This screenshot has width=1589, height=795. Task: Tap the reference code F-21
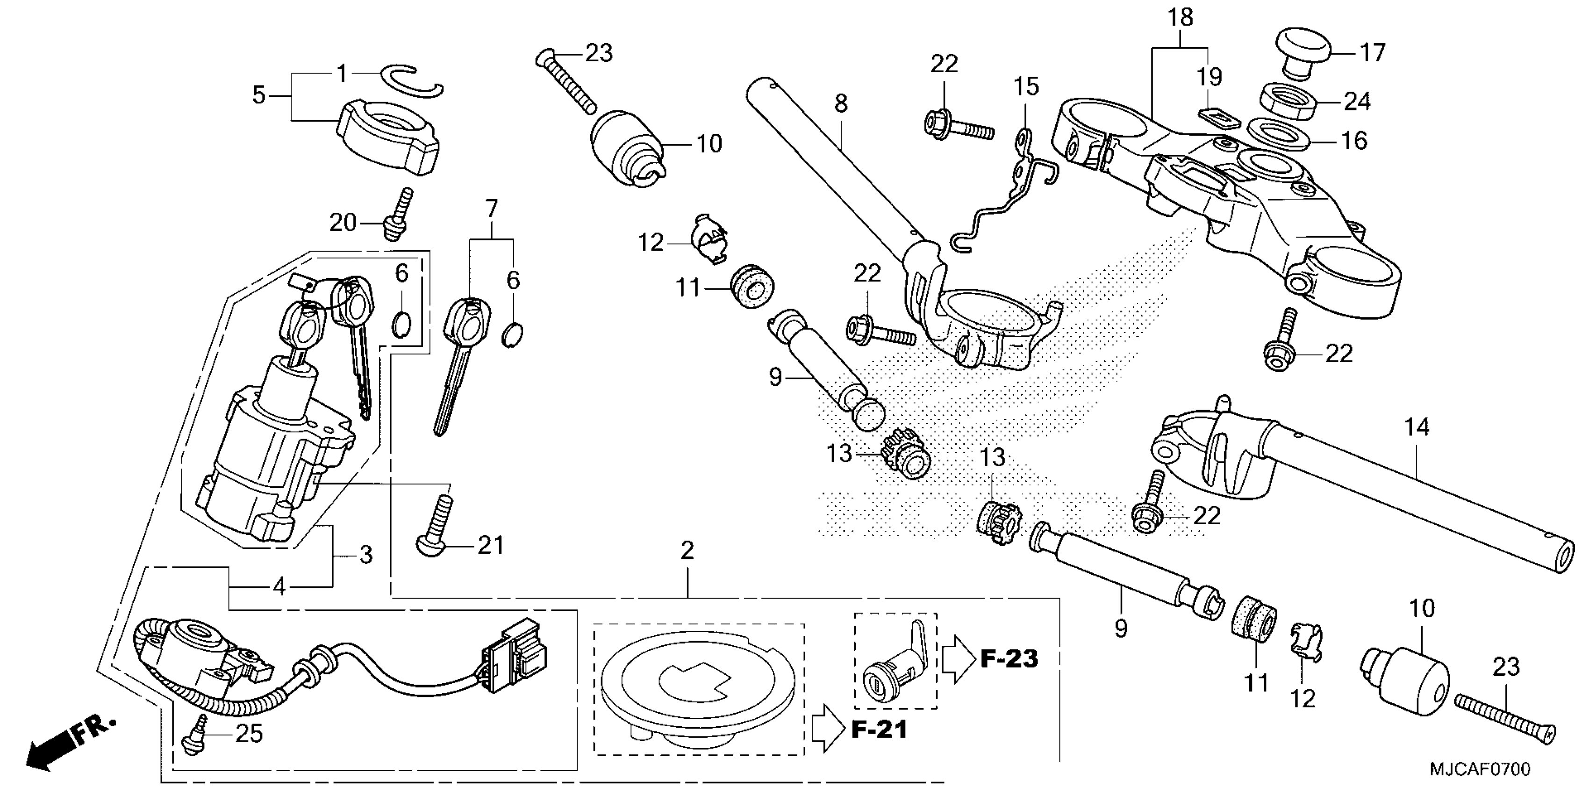[879, 730]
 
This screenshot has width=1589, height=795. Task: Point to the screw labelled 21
[437, 525]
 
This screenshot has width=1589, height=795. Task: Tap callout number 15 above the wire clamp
[1026, 87]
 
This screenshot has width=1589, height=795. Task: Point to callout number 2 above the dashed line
[687, 550]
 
